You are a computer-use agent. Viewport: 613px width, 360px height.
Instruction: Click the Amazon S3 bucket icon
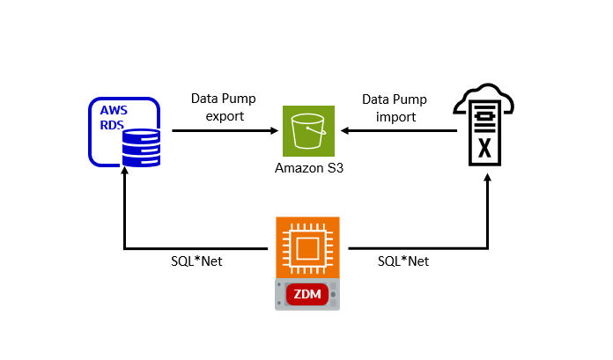tap(308, 131)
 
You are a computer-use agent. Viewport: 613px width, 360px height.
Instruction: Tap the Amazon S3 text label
tap(308, 168)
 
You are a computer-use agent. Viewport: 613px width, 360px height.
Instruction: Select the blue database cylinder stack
tap(141, 147)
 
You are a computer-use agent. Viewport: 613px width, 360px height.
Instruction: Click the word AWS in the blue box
tap(114, 111)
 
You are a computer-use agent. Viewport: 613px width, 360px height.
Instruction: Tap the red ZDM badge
tap(307, 292)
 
